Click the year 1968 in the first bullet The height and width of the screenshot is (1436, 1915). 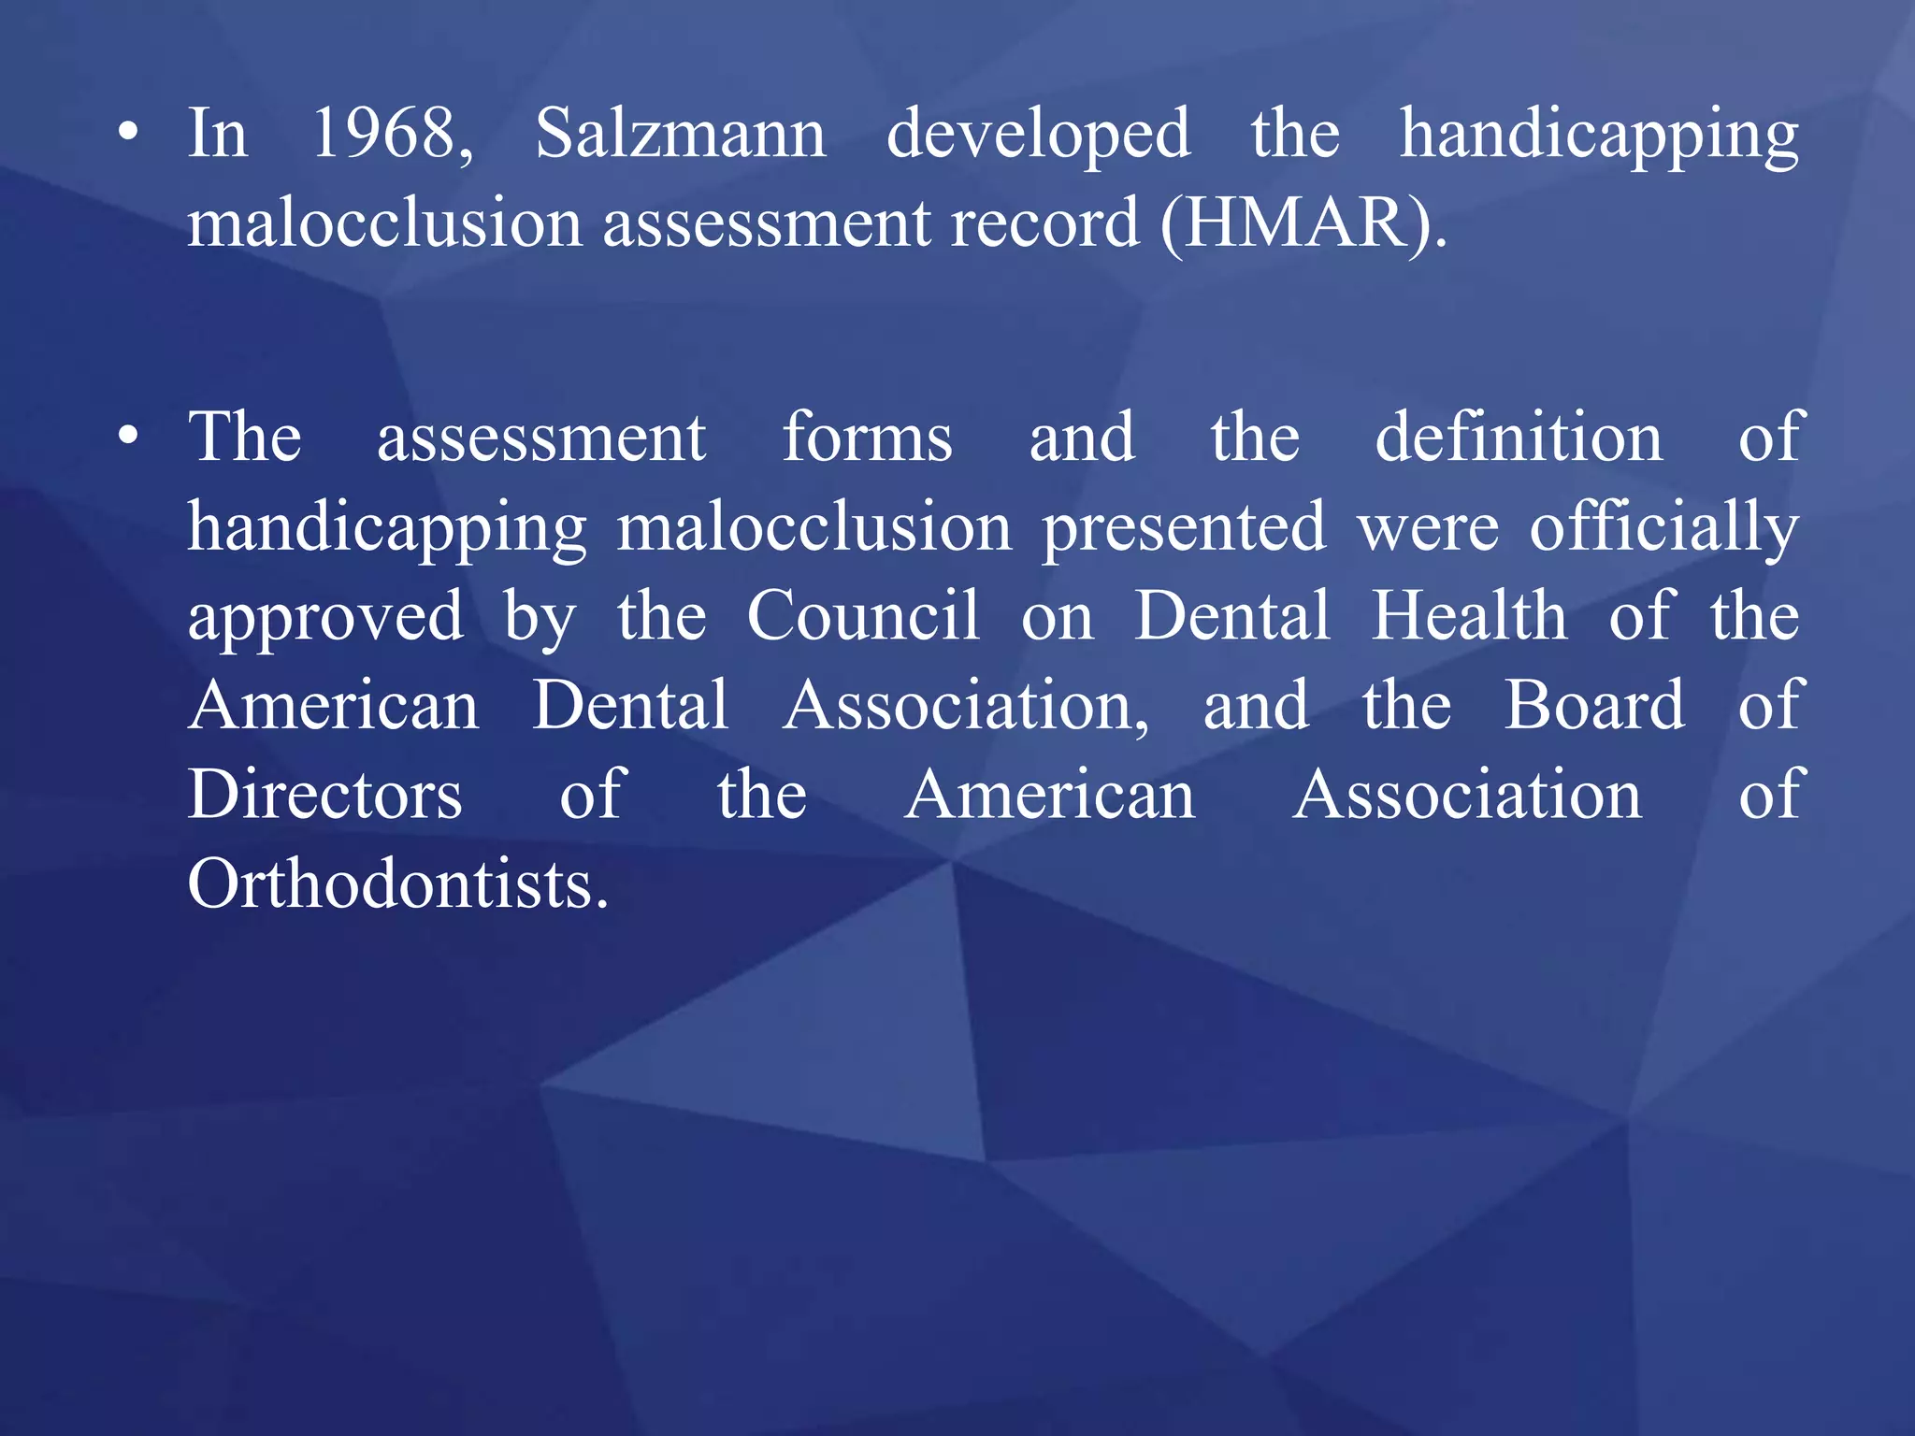(x=391, y=134)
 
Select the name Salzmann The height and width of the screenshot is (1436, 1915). (x=680, y=134)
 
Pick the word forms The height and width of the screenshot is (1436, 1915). (x=867, y=438)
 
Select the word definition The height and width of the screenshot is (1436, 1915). (x=1519, y=438)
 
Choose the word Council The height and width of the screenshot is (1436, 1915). (x=863, y=616)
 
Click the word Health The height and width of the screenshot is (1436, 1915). (x=1469, y=616)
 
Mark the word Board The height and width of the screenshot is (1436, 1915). (x=1594, y=706)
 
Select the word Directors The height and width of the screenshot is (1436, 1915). (x=324, y=796)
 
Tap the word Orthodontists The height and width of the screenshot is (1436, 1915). (x=397, y=884)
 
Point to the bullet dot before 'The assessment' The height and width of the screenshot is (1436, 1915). (x=129, y=435)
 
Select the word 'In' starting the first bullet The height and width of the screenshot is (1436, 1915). (x=217, y=134)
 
